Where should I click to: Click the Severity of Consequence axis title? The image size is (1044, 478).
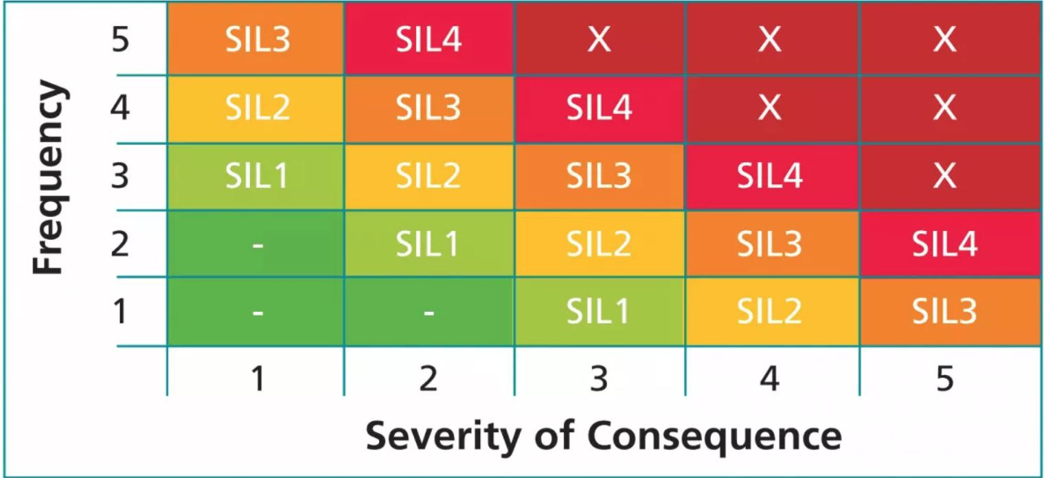[x=603, y=435]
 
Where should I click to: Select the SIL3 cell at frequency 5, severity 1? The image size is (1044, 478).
[x=256, y=40]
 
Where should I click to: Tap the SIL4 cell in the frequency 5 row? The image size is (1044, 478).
[x=428, y=40]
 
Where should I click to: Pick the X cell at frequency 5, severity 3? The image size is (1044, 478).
[x=599, y=40]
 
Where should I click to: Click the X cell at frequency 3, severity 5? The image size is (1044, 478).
[x=944, y=177]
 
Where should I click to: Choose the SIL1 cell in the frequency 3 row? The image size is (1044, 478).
[x=256, y=177]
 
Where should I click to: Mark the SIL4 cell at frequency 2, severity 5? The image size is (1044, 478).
[x=944, y=244]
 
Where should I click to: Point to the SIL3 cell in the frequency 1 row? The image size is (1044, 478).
[x=944, y=311]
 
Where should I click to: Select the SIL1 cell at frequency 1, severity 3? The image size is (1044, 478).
[x=599, y=311]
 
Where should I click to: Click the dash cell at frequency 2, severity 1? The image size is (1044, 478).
[x=256, y=244]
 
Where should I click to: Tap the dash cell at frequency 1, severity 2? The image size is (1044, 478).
[x=428, y=311]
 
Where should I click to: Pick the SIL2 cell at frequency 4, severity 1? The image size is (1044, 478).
[x=256, y=109]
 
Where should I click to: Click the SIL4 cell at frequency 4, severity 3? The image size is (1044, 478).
[x=599, y=109]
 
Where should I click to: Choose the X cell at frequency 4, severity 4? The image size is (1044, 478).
[x=770, y=109]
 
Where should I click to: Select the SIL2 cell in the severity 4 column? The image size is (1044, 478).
[x=770, y=311]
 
